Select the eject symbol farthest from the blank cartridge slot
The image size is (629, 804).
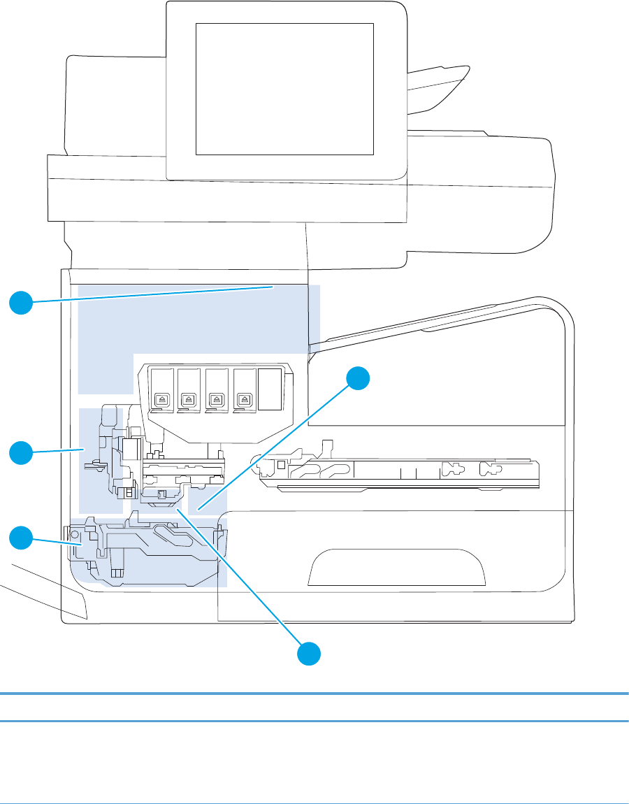(x=159, y=400)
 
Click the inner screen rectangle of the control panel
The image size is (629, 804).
(x=284, y=88)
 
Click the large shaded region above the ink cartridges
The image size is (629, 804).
(x=196, y=322)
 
